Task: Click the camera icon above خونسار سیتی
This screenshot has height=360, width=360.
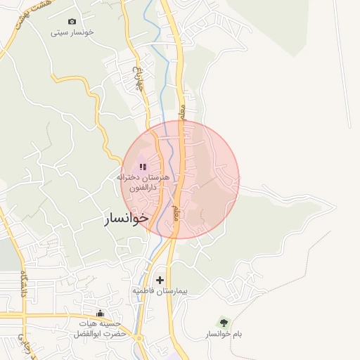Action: click(72, 22)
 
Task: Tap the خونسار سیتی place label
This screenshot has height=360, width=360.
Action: click(73, 32)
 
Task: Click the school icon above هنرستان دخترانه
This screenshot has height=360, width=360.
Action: click(143, 167)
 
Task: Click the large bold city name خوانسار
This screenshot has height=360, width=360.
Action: click(127, 218)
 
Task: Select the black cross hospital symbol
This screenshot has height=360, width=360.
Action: click(160, 280)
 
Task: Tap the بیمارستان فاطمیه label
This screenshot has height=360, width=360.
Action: click(160, 290)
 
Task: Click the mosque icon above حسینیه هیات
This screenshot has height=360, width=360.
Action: click(100, 313)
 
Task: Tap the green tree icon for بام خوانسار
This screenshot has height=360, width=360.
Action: click(224, 322)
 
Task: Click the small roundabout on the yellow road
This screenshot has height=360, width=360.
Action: click(139, 339)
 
